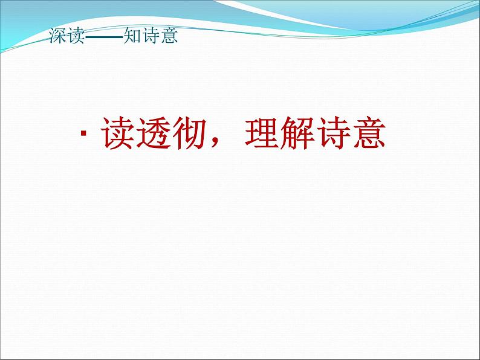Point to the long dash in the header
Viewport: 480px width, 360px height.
[x=103, y=37]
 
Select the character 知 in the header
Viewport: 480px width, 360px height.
[x=132, y=36]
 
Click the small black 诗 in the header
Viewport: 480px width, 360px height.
[x=151, y=36]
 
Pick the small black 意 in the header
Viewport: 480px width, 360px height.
[x=169, y=36]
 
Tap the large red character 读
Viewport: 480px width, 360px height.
[x=118, y=133]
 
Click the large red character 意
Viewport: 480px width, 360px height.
[x=369, y=133]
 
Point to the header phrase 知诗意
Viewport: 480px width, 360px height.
[x=151, y=36]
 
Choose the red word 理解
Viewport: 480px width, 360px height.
[x=279, y=133]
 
